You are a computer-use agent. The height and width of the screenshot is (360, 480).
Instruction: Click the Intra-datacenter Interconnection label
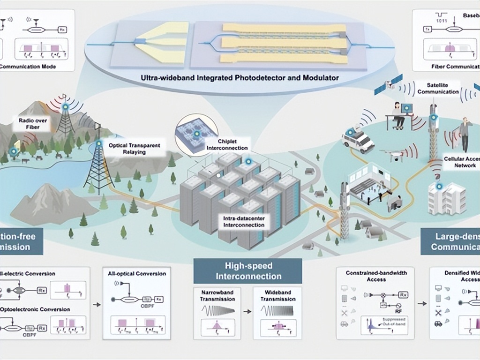tap(244, 222)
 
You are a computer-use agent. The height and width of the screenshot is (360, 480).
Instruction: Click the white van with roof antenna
tap(358, 139)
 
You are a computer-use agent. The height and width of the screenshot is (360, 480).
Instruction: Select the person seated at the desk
tap(397, 114)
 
